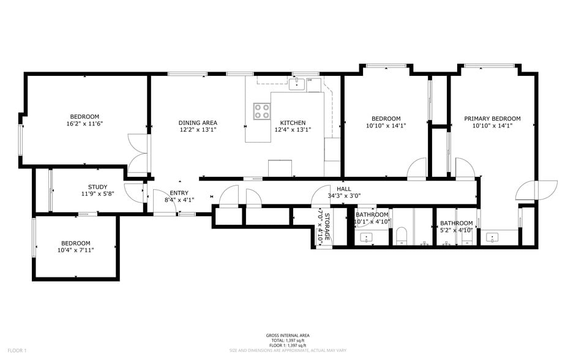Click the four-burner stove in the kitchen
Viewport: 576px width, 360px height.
[262, 111]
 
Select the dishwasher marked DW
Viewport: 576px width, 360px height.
[313, 84]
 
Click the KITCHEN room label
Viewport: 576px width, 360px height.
[288, 122]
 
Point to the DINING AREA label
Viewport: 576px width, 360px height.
[198, 122]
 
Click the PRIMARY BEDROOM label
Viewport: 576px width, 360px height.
[492, 119]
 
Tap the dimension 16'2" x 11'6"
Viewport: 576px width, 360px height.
[84, 124]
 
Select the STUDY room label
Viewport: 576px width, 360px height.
[97, 187]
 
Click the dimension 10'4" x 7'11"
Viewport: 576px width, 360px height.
[75, 250]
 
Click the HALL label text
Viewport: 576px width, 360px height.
[343, 189]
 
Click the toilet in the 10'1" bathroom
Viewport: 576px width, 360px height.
[402, 235]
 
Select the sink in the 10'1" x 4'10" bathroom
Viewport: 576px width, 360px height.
[367, 237]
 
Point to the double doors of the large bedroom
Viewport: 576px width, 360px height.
[138, 153]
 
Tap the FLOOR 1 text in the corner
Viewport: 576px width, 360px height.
[17, 350]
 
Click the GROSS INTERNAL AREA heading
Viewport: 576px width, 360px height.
[287, 336]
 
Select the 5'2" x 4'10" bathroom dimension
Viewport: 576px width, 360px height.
[456, 230]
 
